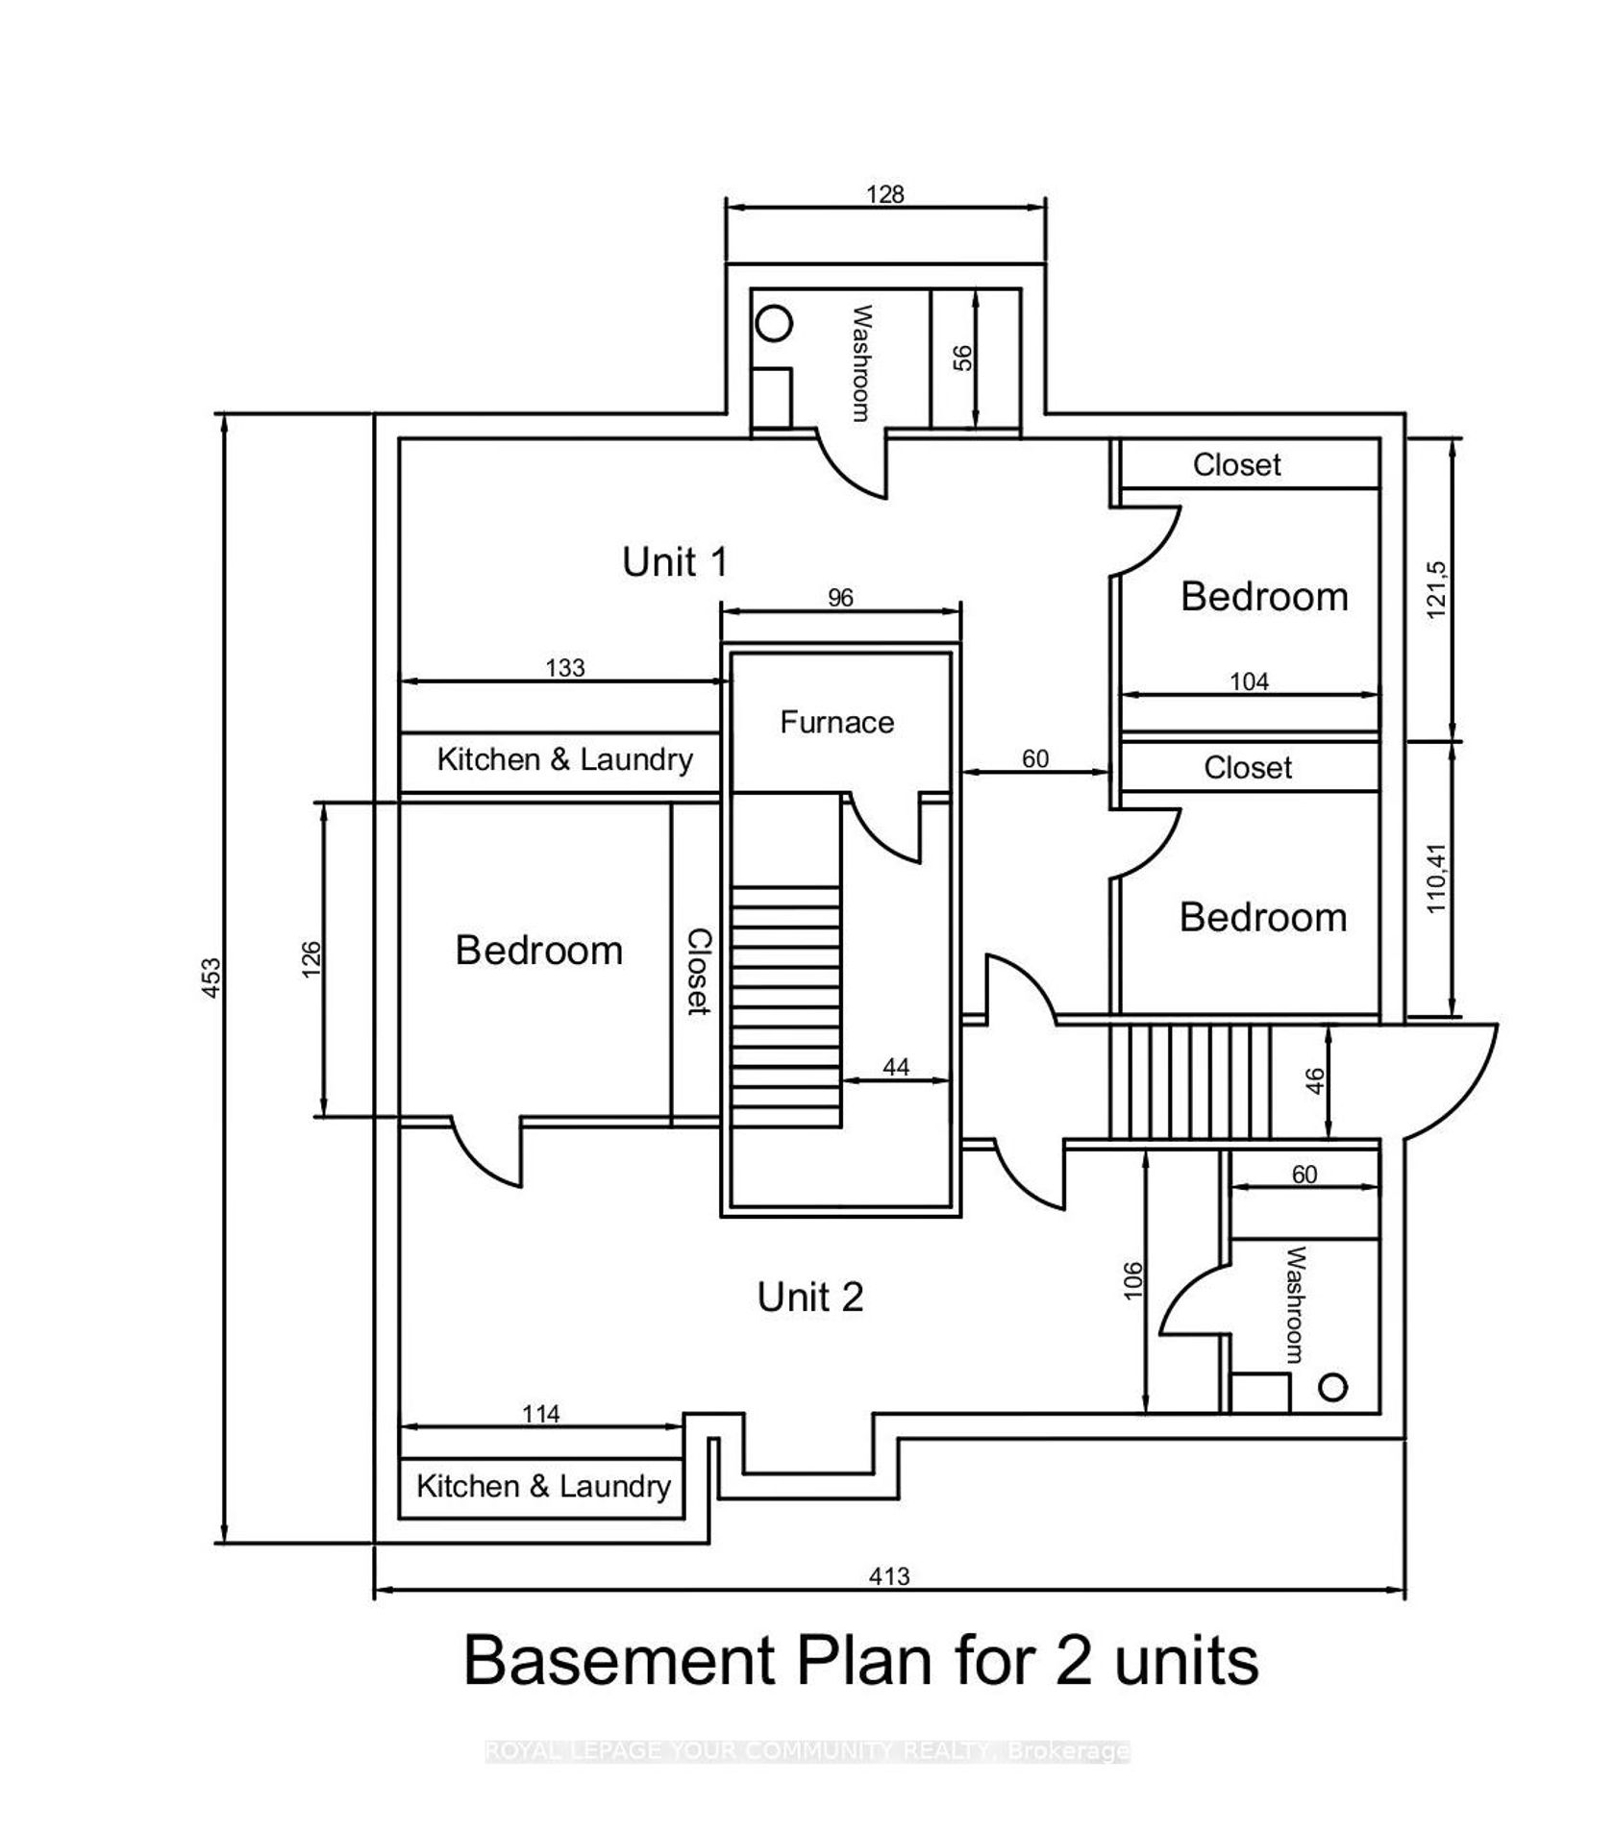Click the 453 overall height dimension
211,977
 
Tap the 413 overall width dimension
888,1576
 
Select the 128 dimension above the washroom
884,194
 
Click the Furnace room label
836,722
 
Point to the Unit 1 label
674,561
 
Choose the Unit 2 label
809,1297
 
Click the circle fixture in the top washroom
774,324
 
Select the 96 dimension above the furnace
840,598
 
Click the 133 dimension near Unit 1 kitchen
564,667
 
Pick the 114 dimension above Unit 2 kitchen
541,1414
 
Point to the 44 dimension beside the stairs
895,1066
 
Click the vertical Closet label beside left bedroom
698,971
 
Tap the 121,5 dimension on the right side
1436,589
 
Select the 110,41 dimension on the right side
1436,879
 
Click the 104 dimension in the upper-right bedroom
1249,681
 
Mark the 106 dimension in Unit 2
1132,1281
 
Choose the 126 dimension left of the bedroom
311,959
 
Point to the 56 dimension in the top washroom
962,358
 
